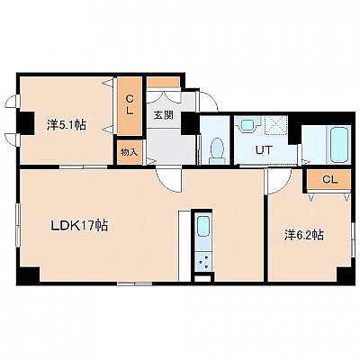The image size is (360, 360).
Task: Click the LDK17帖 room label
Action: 79,226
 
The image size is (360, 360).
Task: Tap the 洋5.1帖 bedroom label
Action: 67,125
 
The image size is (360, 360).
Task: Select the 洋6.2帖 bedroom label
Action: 304,235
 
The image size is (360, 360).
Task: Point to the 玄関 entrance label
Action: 164,115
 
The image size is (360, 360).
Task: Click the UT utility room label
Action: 264,149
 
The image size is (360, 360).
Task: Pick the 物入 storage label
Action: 129,152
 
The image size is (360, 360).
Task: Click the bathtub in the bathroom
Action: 339,145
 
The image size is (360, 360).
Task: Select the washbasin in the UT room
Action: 247,123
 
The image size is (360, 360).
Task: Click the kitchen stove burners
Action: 203,262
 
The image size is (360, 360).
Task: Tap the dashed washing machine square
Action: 275,126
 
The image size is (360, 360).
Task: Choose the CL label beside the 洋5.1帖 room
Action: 130,104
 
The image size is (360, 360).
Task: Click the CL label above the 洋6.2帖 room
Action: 330,180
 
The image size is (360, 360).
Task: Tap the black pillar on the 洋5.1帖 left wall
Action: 26,122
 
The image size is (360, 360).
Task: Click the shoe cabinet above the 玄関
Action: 164,82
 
